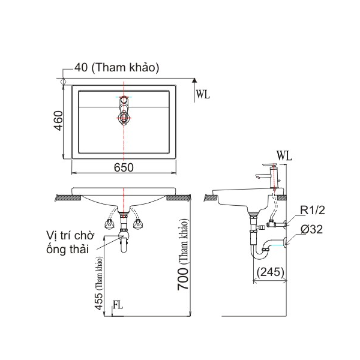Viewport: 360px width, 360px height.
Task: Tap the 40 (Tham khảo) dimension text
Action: tap(117, 68)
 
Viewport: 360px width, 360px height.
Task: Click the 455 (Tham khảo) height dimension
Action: tap(98, 282)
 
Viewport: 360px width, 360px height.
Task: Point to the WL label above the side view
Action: tap(284, 155)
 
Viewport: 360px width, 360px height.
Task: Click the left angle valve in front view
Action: tap(110, 224)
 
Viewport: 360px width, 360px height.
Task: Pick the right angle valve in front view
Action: tap(139, 224)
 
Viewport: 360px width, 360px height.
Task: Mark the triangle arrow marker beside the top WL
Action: tap(194, 79)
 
